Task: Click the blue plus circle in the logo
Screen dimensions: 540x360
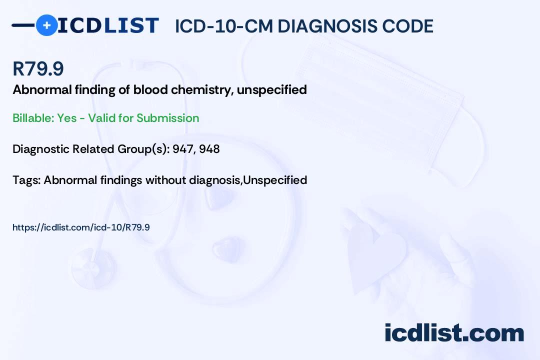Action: coord(46,25)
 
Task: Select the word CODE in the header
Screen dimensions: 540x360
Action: coord(402,26)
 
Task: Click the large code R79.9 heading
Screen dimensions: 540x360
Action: coord(38,68)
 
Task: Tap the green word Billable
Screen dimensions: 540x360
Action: coord(33,118)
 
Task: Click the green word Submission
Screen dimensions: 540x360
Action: coord(167,118)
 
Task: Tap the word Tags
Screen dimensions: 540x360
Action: coord(26,180)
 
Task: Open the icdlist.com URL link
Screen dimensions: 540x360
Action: coord(81,227)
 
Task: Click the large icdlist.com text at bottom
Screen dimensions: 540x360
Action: coord(454,333)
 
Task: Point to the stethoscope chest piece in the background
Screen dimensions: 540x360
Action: coord(93,268)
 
